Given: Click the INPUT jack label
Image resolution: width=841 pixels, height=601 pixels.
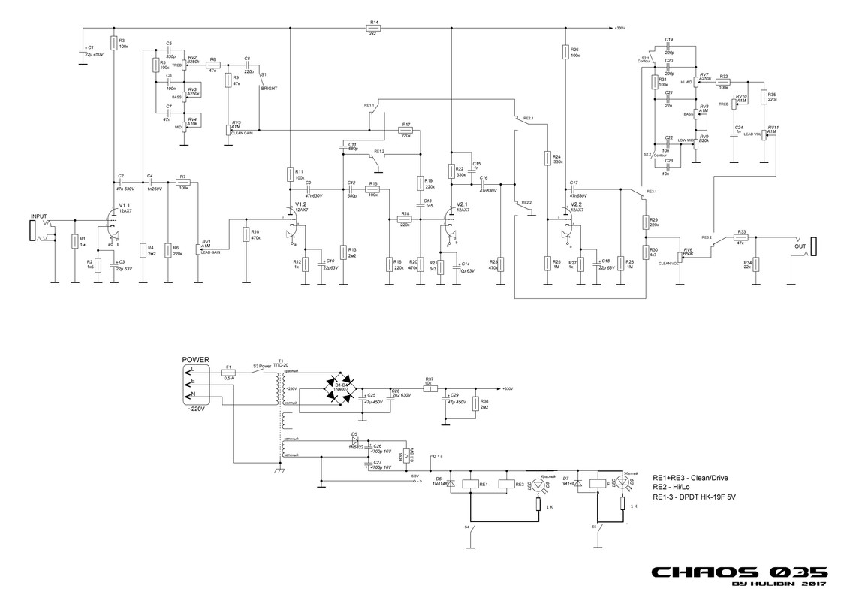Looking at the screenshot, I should tap(38, 216).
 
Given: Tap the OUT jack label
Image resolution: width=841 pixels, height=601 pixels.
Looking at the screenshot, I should tap(800, 244).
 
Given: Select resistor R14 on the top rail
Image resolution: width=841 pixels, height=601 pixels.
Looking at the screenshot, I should tap(373, 29).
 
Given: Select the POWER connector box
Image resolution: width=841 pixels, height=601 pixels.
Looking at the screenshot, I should tap(196, 384).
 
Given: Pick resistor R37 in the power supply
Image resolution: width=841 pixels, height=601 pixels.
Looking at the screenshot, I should tap(430, 388).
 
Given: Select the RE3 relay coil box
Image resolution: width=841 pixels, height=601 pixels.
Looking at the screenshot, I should tap(511, 485).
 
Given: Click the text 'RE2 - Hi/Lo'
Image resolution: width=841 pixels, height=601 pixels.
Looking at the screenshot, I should tap(675, 488).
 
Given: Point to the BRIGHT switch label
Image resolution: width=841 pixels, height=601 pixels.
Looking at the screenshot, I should tap(268, 89).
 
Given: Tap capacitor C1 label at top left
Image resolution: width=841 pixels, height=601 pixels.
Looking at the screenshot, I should tap(89, 47).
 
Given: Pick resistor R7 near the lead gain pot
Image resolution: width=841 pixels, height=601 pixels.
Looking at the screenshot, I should tap(182, 183).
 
